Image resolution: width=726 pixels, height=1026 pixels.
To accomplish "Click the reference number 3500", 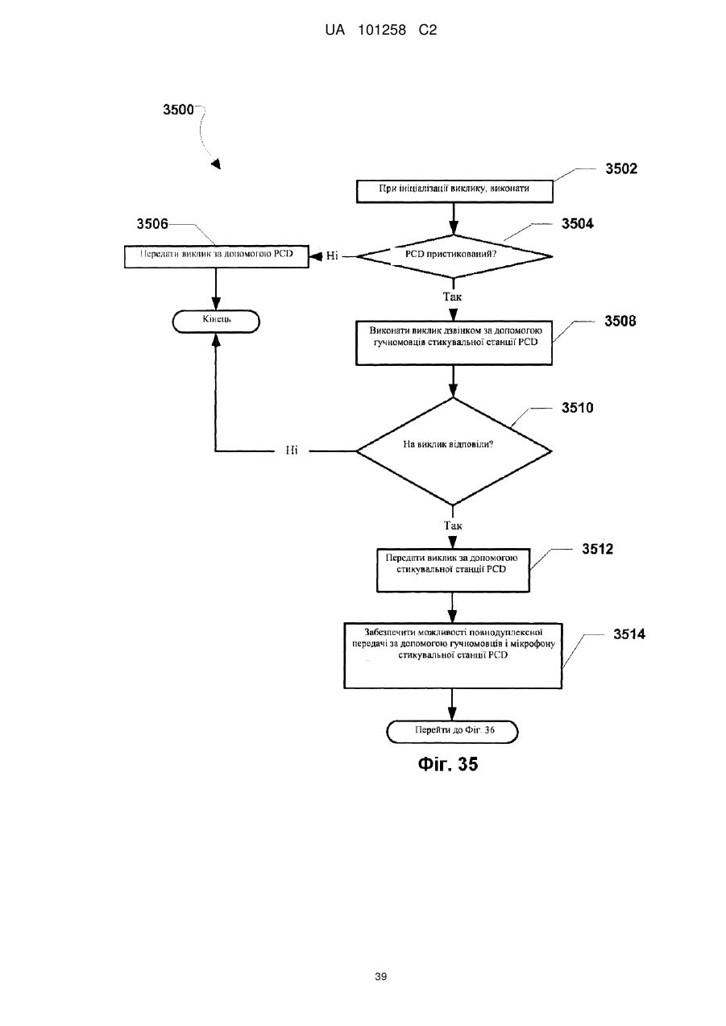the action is (x=178, y=110).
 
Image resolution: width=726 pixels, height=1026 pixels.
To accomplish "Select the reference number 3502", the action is (x=621, y=168).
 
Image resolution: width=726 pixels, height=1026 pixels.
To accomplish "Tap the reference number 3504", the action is (x=577, y=223).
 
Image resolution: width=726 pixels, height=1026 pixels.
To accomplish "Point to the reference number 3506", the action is (x=152, y=223).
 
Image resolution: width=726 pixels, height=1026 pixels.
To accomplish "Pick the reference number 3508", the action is (x=620, y=321).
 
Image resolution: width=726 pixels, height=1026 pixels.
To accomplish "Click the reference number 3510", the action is (x=577, y=408).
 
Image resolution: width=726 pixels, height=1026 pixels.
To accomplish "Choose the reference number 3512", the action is (x=597, y=549).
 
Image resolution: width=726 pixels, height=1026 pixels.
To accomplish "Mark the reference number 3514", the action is (x=629, y=634).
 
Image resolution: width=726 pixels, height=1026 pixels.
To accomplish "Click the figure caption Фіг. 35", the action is (x=447, y=764).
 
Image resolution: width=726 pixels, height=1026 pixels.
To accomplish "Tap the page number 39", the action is (x=380, y=977).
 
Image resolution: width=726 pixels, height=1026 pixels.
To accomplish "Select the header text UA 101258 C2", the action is (x=380, y=31).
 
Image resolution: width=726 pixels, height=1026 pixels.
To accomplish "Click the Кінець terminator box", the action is (x=216, y=322).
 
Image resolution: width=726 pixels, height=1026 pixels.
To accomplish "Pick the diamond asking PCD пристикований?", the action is (x=454, y=256).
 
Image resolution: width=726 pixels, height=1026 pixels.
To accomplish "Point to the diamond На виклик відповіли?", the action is (x=454, y=451).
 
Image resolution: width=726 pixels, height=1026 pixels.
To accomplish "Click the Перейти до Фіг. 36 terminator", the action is (x=452, y=732).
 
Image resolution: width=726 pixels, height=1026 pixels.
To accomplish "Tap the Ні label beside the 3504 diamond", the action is (x=332, y=255).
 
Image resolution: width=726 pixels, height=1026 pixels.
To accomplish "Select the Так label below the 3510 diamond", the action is (x=453, y=525).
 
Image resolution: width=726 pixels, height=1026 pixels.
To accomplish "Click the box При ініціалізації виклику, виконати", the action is (x=454, y=192).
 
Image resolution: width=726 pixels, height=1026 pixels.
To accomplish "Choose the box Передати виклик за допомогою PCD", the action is (x=217, y=256).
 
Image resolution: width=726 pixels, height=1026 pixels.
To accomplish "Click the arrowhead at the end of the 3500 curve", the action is (x=216, y=164).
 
